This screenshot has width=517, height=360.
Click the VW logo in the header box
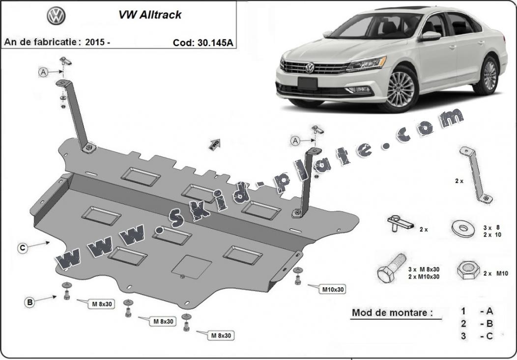tap(56, 16)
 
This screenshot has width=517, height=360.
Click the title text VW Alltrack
tap(150, 15)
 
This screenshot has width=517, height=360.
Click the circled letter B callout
tap(29, 302)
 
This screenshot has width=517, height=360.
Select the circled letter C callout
tap(23, 248)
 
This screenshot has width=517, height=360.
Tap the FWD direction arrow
tap(214, 145)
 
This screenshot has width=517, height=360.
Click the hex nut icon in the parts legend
tap(468, 270)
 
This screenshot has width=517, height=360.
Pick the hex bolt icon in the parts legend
tap(391, 268)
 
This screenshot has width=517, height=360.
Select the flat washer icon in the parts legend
tap(463, 229)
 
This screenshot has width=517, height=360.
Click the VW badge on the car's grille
tap(309, 67)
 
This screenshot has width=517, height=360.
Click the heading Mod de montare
tap(392, 312)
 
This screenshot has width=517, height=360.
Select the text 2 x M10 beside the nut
tap(495, 273)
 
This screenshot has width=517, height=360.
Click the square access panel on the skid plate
tap(191, 267)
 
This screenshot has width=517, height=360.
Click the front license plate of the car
tap(307, 84)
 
